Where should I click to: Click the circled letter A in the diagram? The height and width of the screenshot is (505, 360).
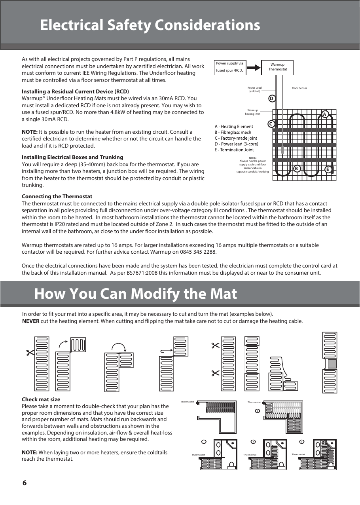coord(325,114)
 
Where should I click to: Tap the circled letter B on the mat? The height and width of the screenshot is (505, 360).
coord(296,169)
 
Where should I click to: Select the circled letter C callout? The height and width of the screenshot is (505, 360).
coord(271,124)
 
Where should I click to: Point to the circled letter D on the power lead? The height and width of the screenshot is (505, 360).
coord(272,98)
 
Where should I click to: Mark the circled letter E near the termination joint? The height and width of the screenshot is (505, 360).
coord(328,169)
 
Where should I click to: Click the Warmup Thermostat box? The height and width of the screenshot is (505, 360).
coord(278,67)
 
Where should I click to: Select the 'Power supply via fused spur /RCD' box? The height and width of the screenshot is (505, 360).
coord(230,67)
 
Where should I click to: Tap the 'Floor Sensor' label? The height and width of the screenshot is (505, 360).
coord(299,88)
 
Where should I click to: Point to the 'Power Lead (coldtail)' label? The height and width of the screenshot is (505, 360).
coord(254,89)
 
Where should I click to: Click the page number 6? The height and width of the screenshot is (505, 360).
coord(25,483)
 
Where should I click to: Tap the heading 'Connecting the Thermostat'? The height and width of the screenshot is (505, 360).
coord(57,196)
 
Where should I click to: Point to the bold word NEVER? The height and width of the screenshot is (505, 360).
coord(30,321)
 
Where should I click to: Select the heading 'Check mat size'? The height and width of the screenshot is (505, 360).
coord(41,399)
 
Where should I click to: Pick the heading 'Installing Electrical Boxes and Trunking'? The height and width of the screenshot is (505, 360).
coord(72,157)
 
